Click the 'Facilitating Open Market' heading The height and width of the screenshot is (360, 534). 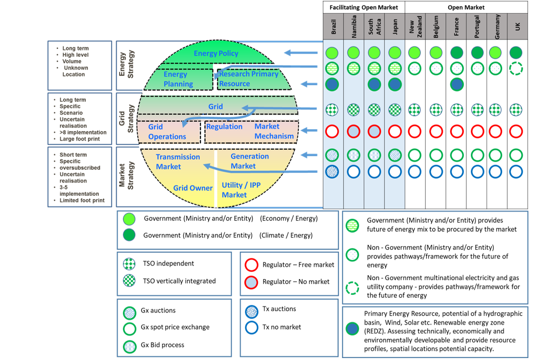pos(364,7)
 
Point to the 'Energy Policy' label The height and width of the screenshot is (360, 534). pos(216,53)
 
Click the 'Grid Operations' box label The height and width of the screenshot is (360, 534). pos(167,132)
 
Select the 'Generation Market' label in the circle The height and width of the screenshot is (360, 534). pos(249,161)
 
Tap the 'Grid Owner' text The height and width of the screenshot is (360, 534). pos(193,188)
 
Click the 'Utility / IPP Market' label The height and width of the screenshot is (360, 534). pos(241,190)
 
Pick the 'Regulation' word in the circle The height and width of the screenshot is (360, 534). pos(224,127)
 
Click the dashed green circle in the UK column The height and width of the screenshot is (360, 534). pos(516,69)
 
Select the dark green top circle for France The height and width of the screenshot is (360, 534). pos(457,52)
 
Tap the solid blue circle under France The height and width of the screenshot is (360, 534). pos(457,84)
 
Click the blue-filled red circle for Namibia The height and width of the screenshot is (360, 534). pos(353,131)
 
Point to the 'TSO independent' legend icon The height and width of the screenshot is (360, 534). pos(130,264)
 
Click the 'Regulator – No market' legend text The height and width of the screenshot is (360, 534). pos(296,282)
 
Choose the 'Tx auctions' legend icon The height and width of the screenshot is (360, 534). pos(252,310)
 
